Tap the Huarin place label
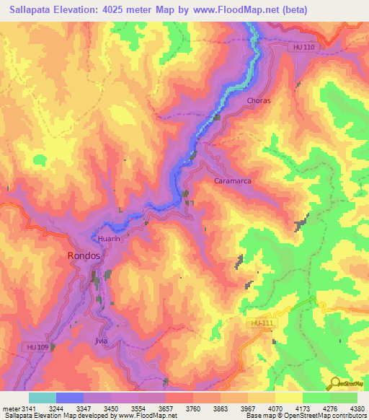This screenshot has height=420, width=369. (x=107, y=237)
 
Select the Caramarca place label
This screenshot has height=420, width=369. (x=233, y=181)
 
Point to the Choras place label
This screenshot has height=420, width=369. (x=258, y=100)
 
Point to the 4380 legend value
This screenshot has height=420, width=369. (x=357, y=409)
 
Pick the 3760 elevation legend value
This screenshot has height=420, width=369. (x=193, y=409)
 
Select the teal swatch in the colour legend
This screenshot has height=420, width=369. (x=42, y=398)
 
